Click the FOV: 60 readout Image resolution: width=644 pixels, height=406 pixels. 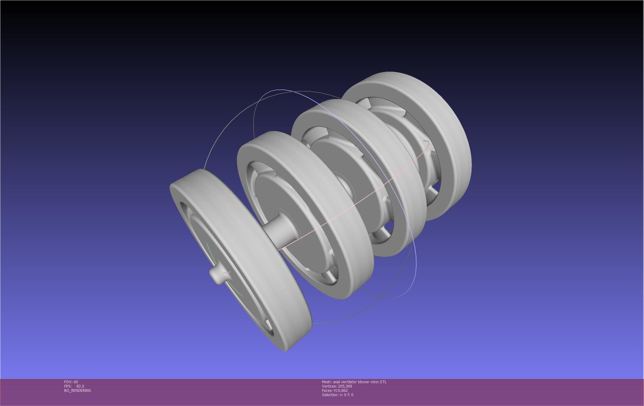[x=71, y=382]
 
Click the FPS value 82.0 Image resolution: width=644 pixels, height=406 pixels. [x=80, y=386]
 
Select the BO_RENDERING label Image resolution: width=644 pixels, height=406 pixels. [x=77, y=390]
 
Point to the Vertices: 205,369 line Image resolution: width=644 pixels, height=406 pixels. [x=337, y=386]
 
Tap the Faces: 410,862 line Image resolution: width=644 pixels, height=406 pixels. [x=335, y=390]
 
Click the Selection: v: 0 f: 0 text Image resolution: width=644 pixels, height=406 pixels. [x=337, y=395]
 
